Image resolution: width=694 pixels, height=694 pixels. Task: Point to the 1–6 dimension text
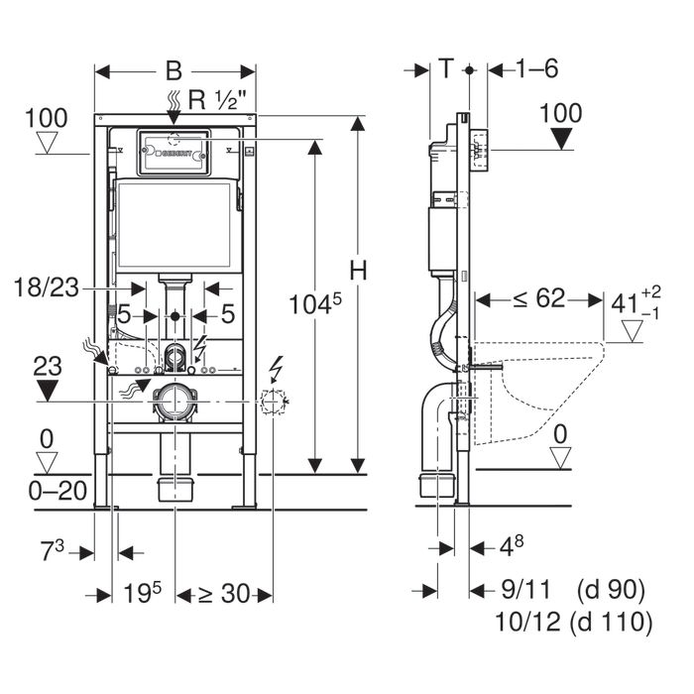tap(537, 69)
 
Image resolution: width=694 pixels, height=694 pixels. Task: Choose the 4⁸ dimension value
tap(508, 547)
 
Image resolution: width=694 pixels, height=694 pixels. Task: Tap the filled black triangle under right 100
tap(562, 141)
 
